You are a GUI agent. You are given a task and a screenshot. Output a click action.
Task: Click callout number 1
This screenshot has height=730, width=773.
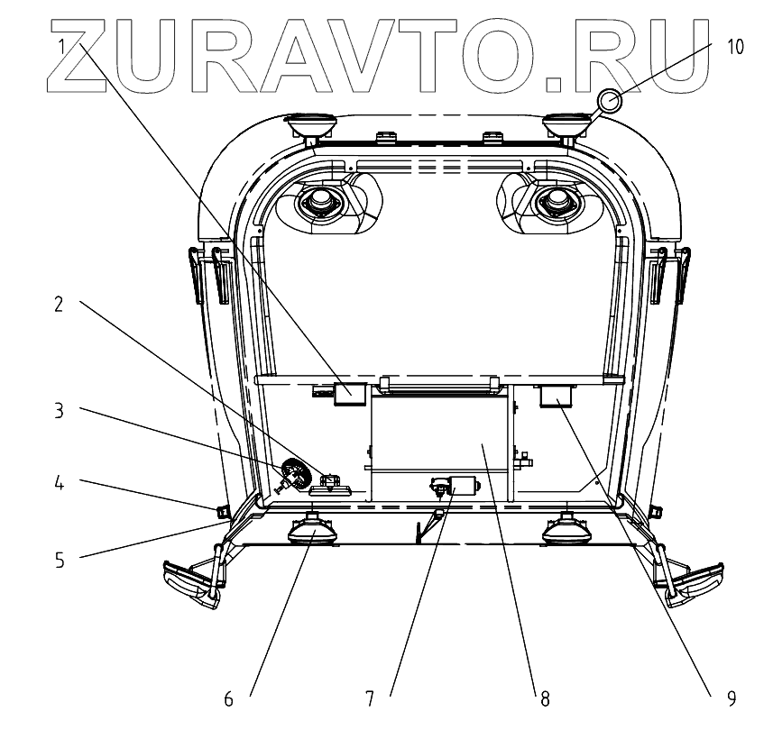tap(62, 44)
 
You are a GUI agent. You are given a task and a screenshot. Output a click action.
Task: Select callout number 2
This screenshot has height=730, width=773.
tap(59, 304)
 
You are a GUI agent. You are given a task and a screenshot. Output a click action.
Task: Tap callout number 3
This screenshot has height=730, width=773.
tap(59, 411)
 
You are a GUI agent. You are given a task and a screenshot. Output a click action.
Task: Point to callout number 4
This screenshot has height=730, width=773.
tap(59, 483)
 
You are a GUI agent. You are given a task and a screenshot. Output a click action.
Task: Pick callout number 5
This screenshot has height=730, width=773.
tap(59, 560)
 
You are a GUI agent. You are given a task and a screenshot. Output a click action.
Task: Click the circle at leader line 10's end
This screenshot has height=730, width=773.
tap(608, 102)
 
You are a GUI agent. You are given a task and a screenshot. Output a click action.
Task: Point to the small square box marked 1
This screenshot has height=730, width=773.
tap(349, 393)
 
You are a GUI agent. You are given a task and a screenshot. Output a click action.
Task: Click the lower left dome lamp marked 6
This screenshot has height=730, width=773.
tap(313, 532)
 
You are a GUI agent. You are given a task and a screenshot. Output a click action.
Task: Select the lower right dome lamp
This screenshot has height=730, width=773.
tap(566, 532)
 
